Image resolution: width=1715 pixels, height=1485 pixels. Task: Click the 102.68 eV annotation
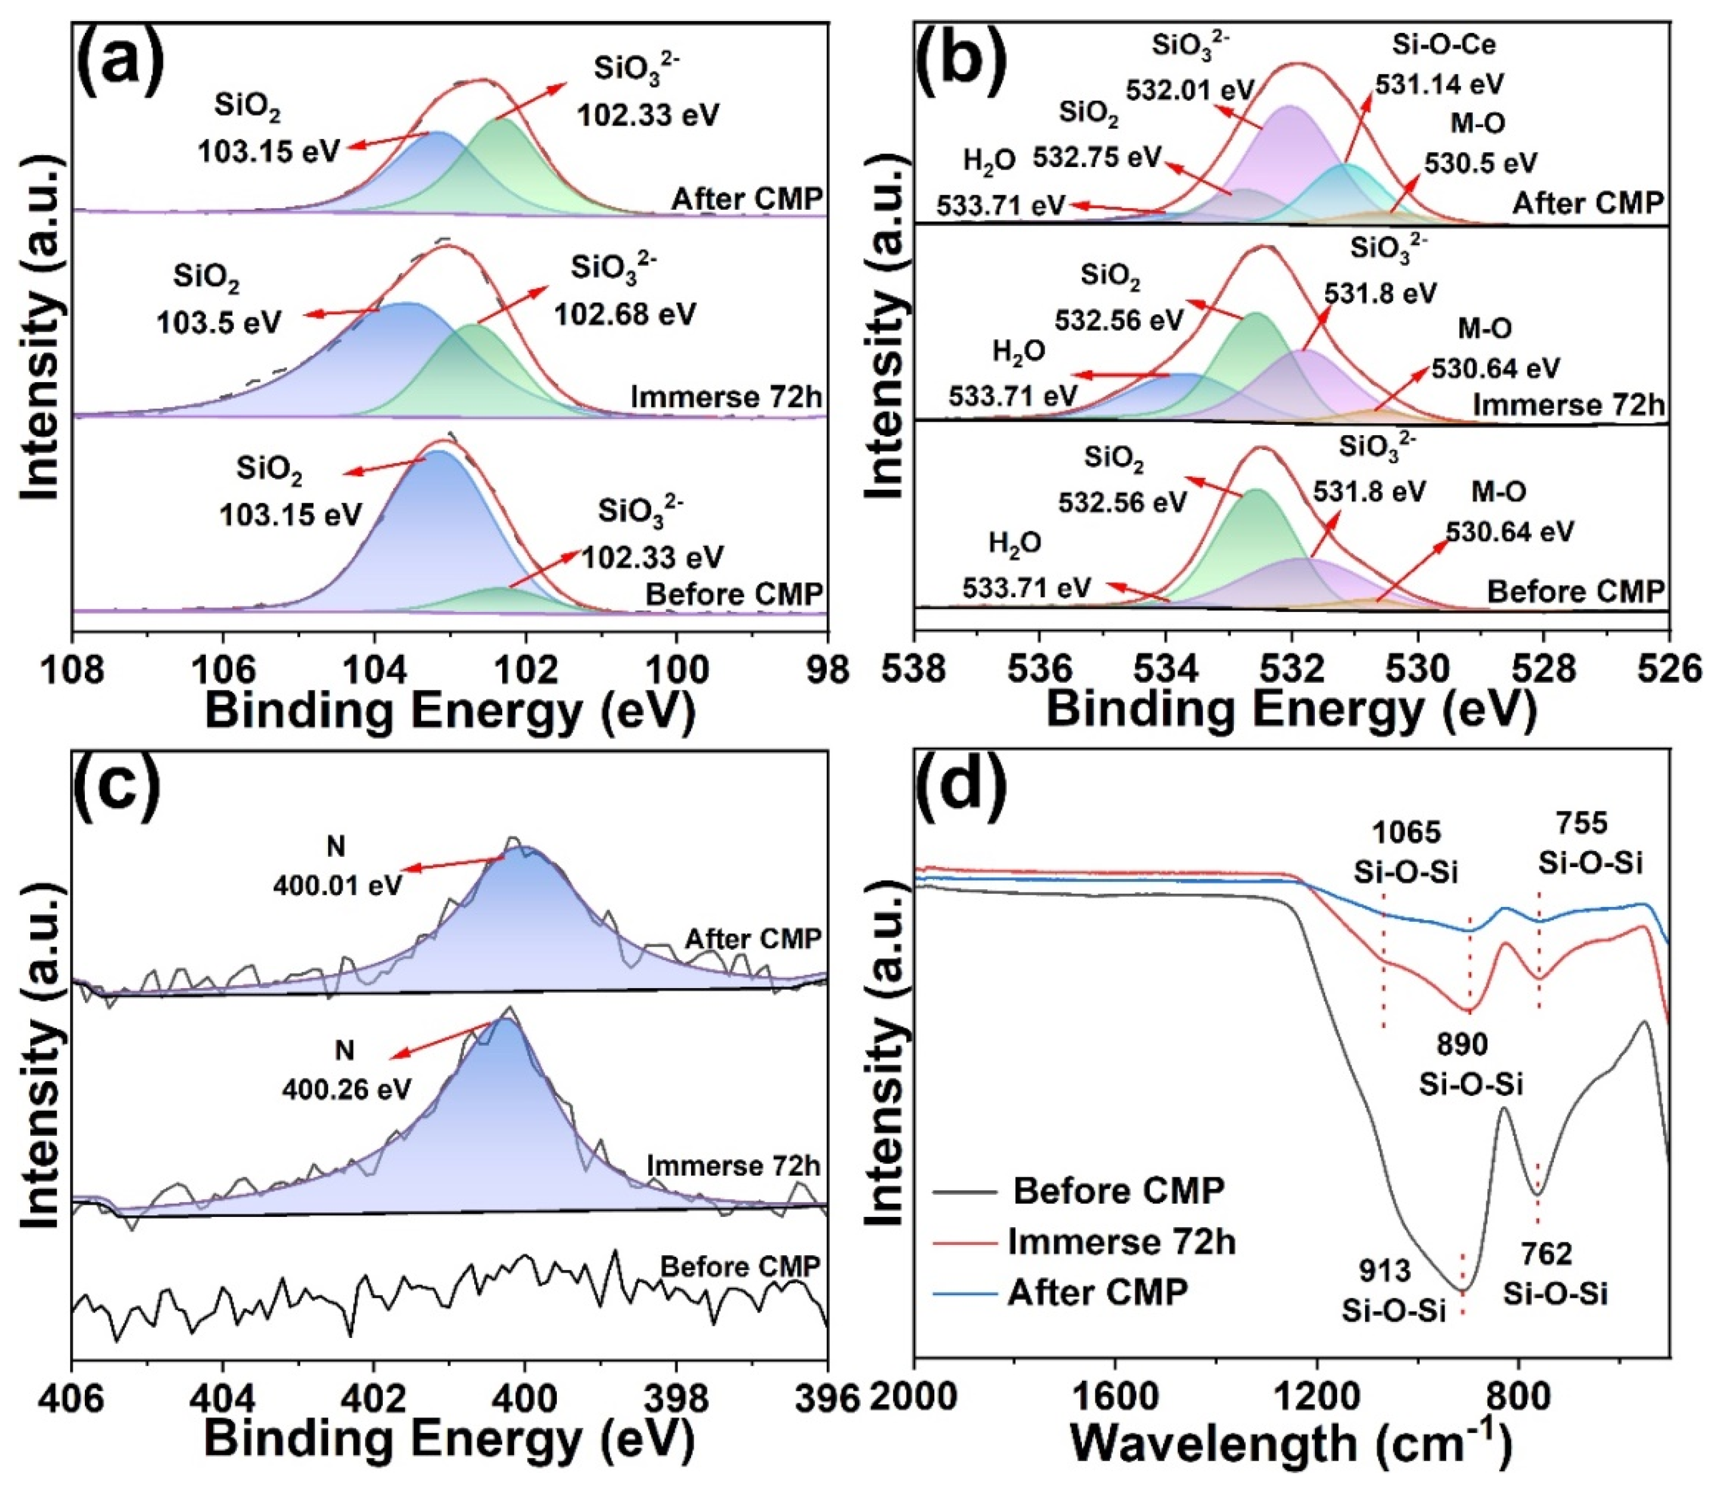tap(625, 315)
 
